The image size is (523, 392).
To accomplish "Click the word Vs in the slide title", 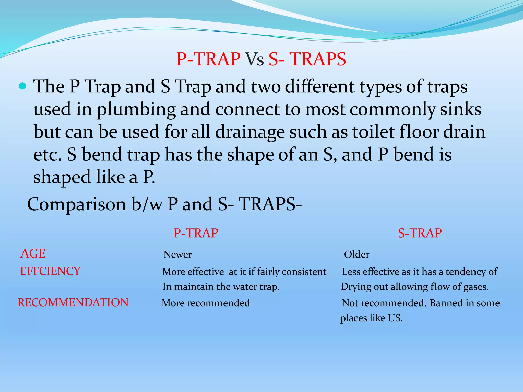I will tap(254, 59).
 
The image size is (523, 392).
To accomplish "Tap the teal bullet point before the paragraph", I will tap(23, 86).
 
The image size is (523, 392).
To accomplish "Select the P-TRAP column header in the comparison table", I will tap(196, 233).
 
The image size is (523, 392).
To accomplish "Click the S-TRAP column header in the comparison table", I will tap(420, 233).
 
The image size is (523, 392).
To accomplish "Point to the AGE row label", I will tap(33, 254).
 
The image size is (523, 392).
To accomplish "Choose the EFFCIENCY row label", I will tap(50, 271).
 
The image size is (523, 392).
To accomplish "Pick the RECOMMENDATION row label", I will tap(73, 303).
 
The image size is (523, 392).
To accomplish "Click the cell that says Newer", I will tap(177, 254).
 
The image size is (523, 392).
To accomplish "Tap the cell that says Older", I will tap(356, 254).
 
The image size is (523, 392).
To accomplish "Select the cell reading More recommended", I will tap(206, 303).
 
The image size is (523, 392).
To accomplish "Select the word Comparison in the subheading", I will tap(77, 204).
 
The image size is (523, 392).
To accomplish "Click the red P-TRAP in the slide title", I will tap(208, 59).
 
